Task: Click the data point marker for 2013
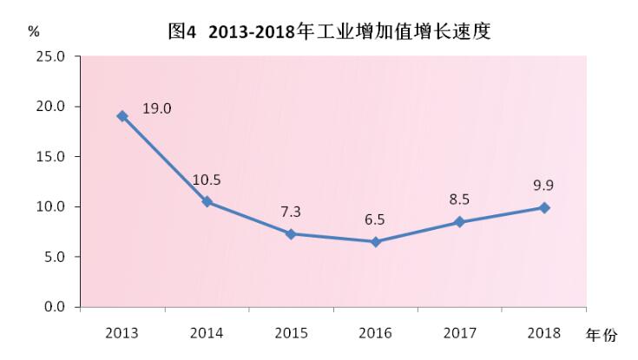122,116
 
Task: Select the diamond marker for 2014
207,201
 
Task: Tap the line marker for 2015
291,234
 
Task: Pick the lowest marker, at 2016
376,242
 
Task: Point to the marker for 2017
460,222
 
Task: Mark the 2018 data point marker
544,208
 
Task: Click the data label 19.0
157,108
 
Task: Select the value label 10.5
207,180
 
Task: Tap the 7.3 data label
291,213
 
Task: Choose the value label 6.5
376,220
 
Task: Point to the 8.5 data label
460,200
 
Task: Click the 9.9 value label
544,185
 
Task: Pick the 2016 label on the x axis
376,333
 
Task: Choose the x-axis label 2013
122,333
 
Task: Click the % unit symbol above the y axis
34,31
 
